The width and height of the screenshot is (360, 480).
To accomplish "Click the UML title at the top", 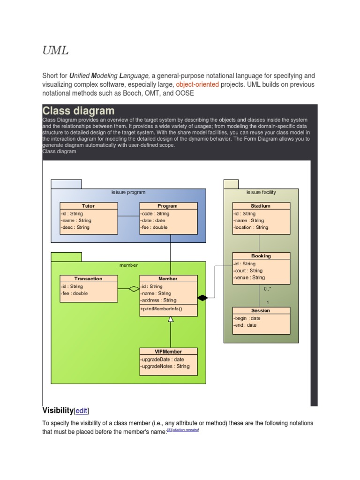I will point(55,51).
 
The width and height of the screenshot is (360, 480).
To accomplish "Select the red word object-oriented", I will point(197,85).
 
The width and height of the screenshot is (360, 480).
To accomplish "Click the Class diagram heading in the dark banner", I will point(78,111).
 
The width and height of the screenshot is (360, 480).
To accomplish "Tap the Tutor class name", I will point(88,206).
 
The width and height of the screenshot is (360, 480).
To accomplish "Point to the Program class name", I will point(167,206).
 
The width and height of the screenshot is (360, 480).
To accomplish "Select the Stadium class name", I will point(261,206).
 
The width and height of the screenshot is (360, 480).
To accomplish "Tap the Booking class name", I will point(261,256).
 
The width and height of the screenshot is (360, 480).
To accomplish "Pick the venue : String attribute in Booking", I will point(249,277).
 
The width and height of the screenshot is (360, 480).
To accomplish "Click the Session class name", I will point(261,310).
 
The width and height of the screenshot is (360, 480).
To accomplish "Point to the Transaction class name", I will point(88,278).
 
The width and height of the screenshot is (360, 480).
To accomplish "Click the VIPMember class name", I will point(168,351).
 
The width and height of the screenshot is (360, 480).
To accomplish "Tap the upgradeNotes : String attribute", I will point(165,366).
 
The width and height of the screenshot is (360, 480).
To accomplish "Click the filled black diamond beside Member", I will point(202,298).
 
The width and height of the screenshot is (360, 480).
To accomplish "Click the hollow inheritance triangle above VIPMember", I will point(171,319).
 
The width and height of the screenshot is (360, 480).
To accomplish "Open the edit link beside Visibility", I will point(82,411).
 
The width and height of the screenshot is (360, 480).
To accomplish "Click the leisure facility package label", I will point(261,192).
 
